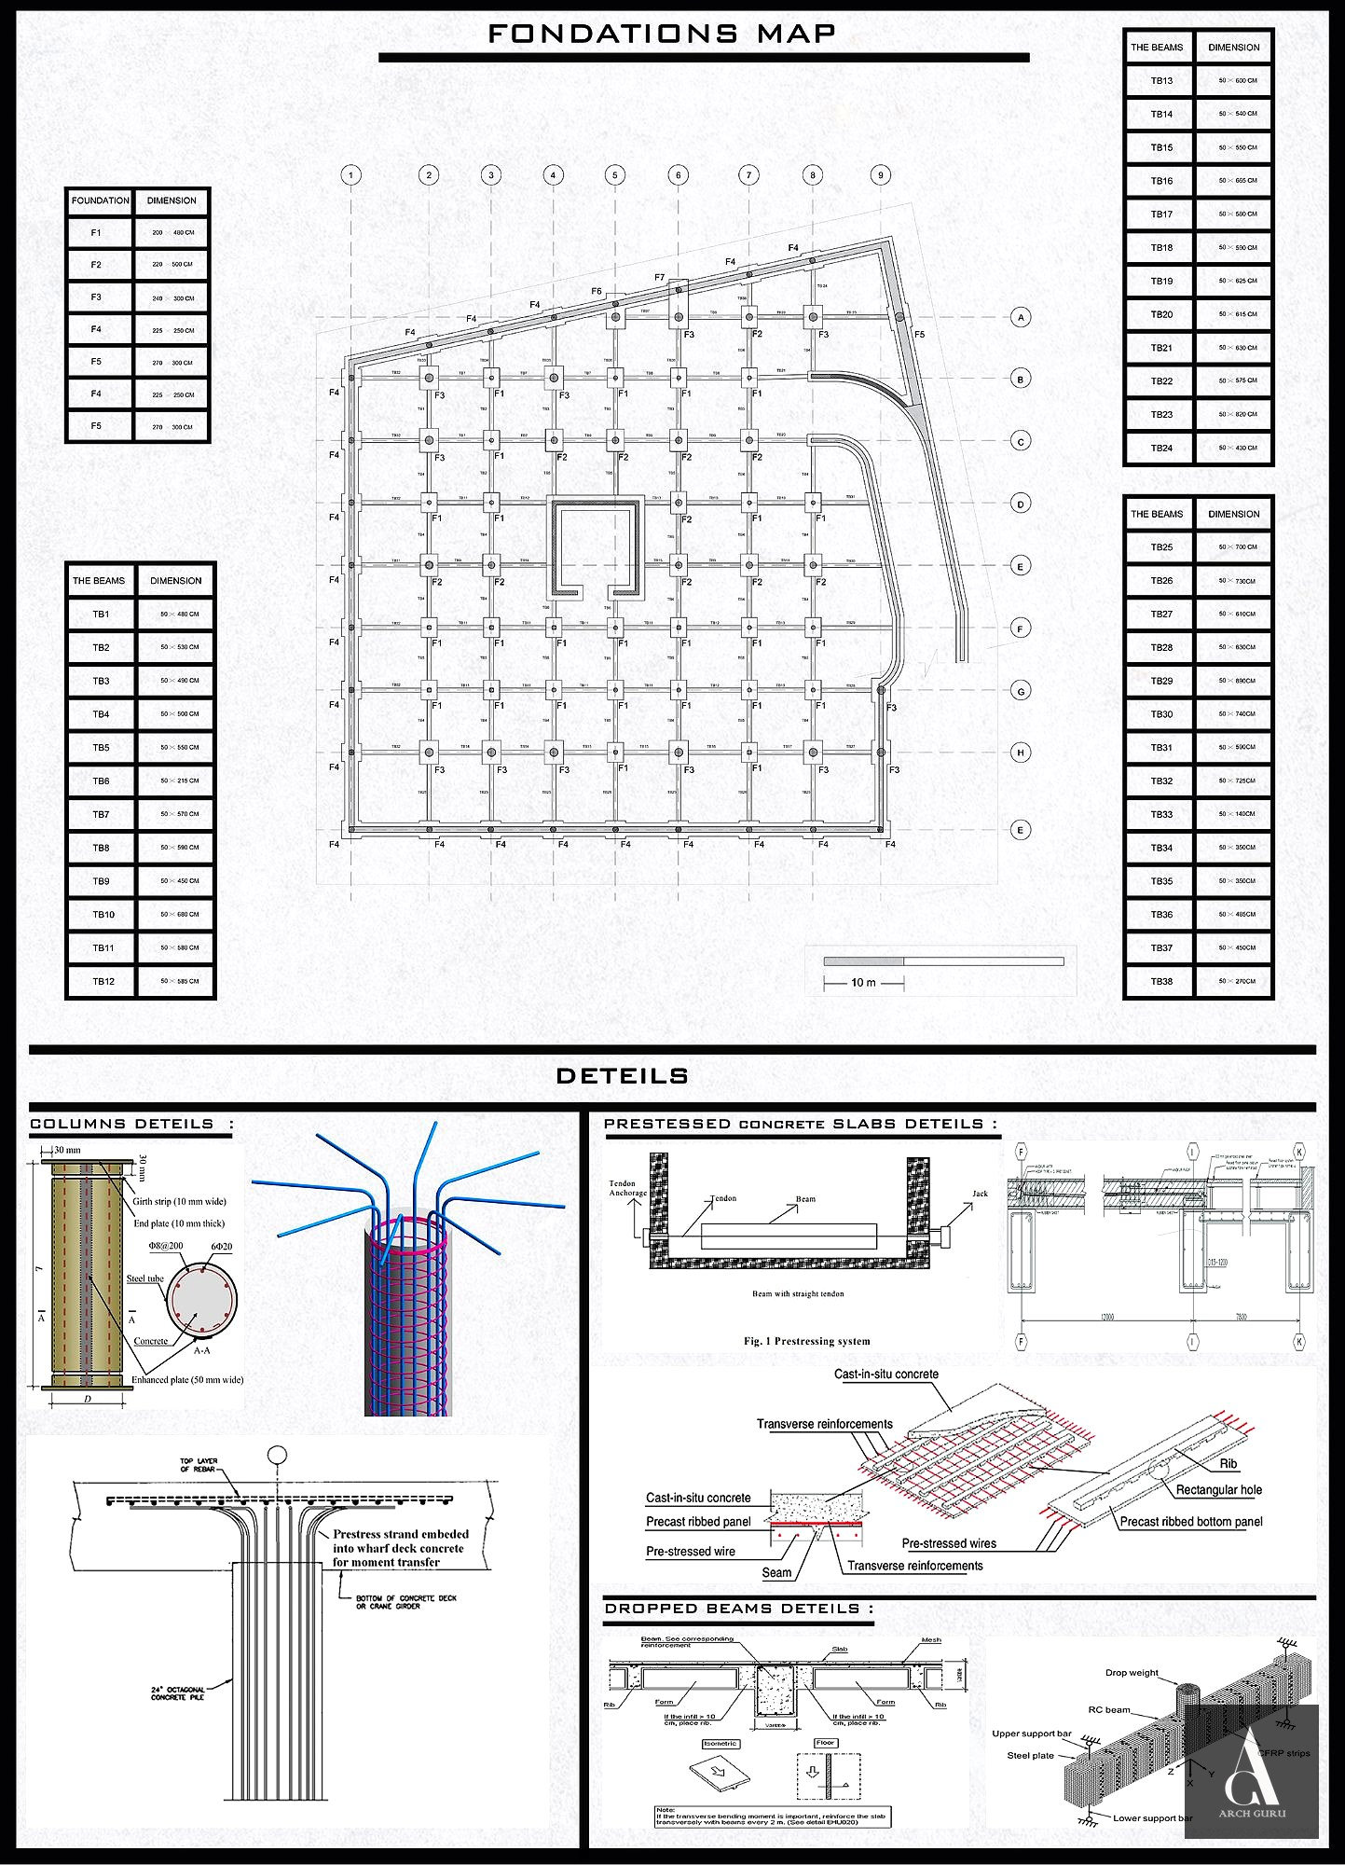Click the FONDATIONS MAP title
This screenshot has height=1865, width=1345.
(x=663, y=34)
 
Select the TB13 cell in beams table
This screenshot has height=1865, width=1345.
(x=1160, y=81)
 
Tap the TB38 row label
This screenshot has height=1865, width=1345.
(x=1160, y=981)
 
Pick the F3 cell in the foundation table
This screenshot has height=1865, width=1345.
(x=96, y=297)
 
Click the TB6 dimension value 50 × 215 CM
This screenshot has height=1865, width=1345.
(x=179, y=781)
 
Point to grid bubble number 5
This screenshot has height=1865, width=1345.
(x=614, y=174)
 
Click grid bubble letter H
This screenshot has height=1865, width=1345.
(x=1021, y=753)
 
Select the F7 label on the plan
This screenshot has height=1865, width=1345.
(x=660, y=277)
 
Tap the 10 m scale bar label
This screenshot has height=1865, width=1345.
(x=863, y=983)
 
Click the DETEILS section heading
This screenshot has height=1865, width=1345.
(x=622, y=1076)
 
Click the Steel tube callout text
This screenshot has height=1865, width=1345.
(x=144, y=1278)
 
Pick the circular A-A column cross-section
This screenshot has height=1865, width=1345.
(x=201, y=1301)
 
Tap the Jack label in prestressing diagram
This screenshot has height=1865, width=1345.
(x=980, y=1194)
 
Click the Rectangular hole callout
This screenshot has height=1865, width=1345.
(x=1218, y=1490)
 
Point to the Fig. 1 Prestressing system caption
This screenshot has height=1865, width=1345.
(x=806, y=1341)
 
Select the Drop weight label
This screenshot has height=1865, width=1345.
(x=1132, y=1673)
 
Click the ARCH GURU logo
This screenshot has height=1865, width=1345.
(x=1251, y=1772)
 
